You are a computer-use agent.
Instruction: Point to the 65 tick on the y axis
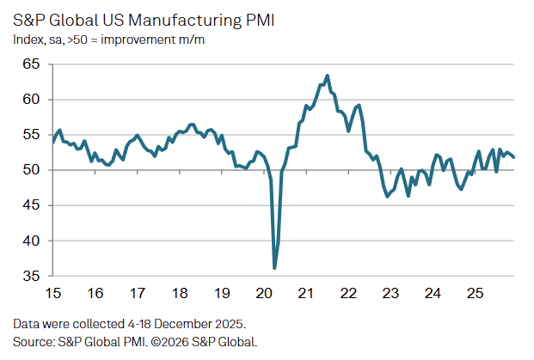pos(32,64)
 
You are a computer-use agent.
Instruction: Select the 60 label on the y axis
pos(32,100)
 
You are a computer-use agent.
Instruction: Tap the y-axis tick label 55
pos(32,135)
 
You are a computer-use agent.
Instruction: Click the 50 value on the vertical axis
pos(32,170)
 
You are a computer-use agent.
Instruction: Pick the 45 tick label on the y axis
pos(32,205)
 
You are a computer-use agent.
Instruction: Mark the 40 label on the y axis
pos(32,241)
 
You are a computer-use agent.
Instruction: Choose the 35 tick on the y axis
pos(32,276)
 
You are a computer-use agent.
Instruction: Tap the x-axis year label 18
pos(179,292)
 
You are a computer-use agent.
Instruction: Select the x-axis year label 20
pos(264,292)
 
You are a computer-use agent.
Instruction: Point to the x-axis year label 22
pos(348,292)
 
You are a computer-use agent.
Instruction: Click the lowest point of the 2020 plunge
pos(274,268)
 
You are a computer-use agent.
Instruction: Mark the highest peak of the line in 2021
pos(328,76)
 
